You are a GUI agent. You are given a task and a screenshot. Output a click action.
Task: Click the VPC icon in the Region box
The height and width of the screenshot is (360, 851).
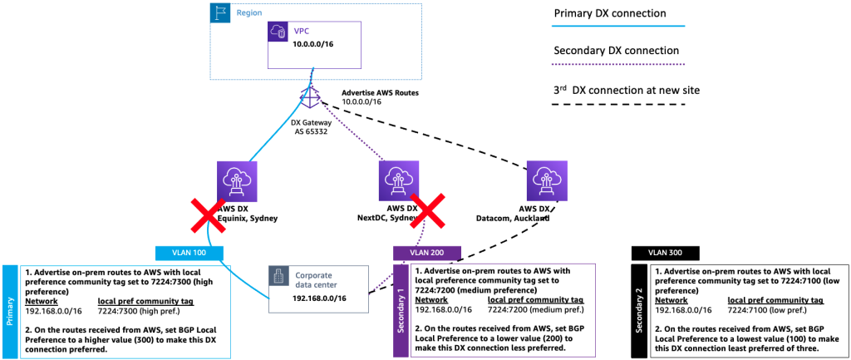pyautogui.click(x=278, y=32)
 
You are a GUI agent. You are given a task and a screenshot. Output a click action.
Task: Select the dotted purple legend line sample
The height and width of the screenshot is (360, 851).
pyautogui.click(x=615, y=65)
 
